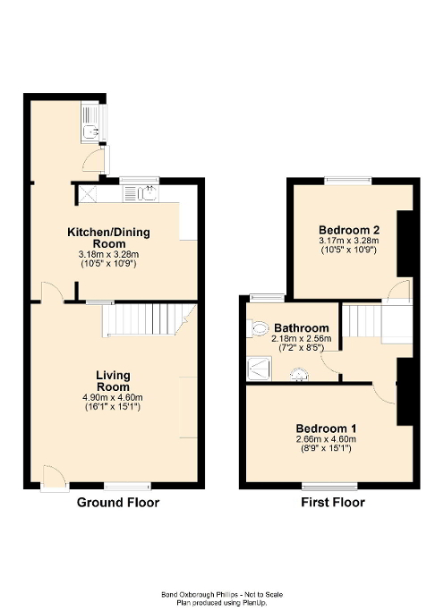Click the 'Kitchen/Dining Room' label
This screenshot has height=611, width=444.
pos(109,238)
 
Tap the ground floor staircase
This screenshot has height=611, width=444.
pos(149,319)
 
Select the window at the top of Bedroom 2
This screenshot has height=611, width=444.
pos(348,181)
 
